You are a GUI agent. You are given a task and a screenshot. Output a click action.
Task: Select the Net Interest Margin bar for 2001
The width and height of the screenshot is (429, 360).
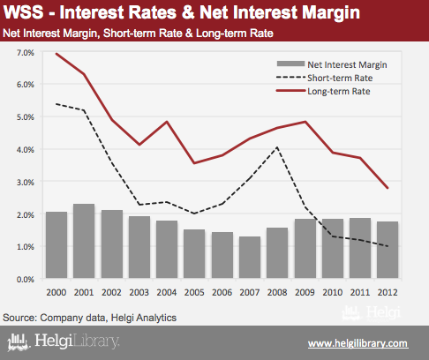84,241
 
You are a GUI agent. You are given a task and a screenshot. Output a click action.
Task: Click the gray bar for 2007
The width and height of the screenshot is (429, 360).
250,258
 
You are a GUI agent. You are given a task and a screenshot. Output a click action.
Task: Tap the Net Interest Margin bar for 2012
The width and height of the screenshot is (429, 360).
388,250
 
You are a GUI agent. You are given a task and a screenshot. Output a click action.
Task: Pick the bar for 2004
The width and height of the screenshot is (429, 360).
167,250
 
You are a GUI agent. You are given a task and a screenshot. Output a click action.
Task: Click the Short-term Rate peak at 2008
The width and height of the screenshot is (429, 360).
277,147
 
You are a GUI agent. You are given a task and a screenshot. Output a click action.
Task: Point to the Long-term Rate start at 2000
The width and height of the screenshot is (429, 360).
56,54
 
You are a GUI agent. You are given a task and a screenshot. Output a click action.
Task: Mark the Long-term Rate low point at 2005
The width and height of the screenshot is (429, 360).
194,163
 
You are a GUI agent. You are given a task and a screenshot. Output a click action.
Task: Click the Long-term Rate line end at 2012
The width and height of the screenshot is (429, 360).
388,188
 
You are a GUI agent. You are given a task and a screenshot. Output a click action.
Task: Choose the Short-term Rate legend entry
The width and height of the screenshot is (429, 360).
325,78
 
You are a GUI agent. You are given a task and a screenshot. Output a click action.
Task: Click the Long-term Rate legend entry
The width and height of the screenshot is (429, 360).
323,91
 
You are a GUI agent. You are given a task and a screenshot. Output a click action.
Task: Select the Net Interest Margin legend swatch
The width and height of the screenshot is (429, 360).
290,64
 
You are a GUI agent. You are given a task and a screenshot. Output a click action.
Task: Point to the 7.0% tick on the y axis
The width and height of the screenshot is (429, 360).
26,53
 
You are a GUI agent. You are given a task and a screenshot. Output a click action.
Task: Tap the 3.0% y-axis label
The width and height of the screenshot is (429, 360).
26,183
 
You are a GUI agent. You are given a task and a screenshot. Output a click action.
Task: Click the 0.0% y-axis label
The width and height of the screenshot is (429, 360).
26,280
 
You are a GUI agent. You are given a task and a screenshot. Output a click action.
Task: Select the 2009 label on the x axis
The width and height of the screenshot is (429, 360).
305,292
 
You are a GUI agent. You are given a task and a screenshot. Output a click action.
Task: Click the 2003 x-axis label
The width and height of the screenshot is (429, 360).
139,292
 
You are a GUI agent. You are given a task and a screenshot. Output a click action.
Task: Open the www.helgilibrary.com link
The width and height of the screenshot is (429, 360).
358,343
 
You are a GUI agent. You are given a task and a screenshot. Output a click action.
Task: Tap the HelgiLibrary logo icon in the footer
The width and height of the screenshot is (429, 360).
19,342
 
